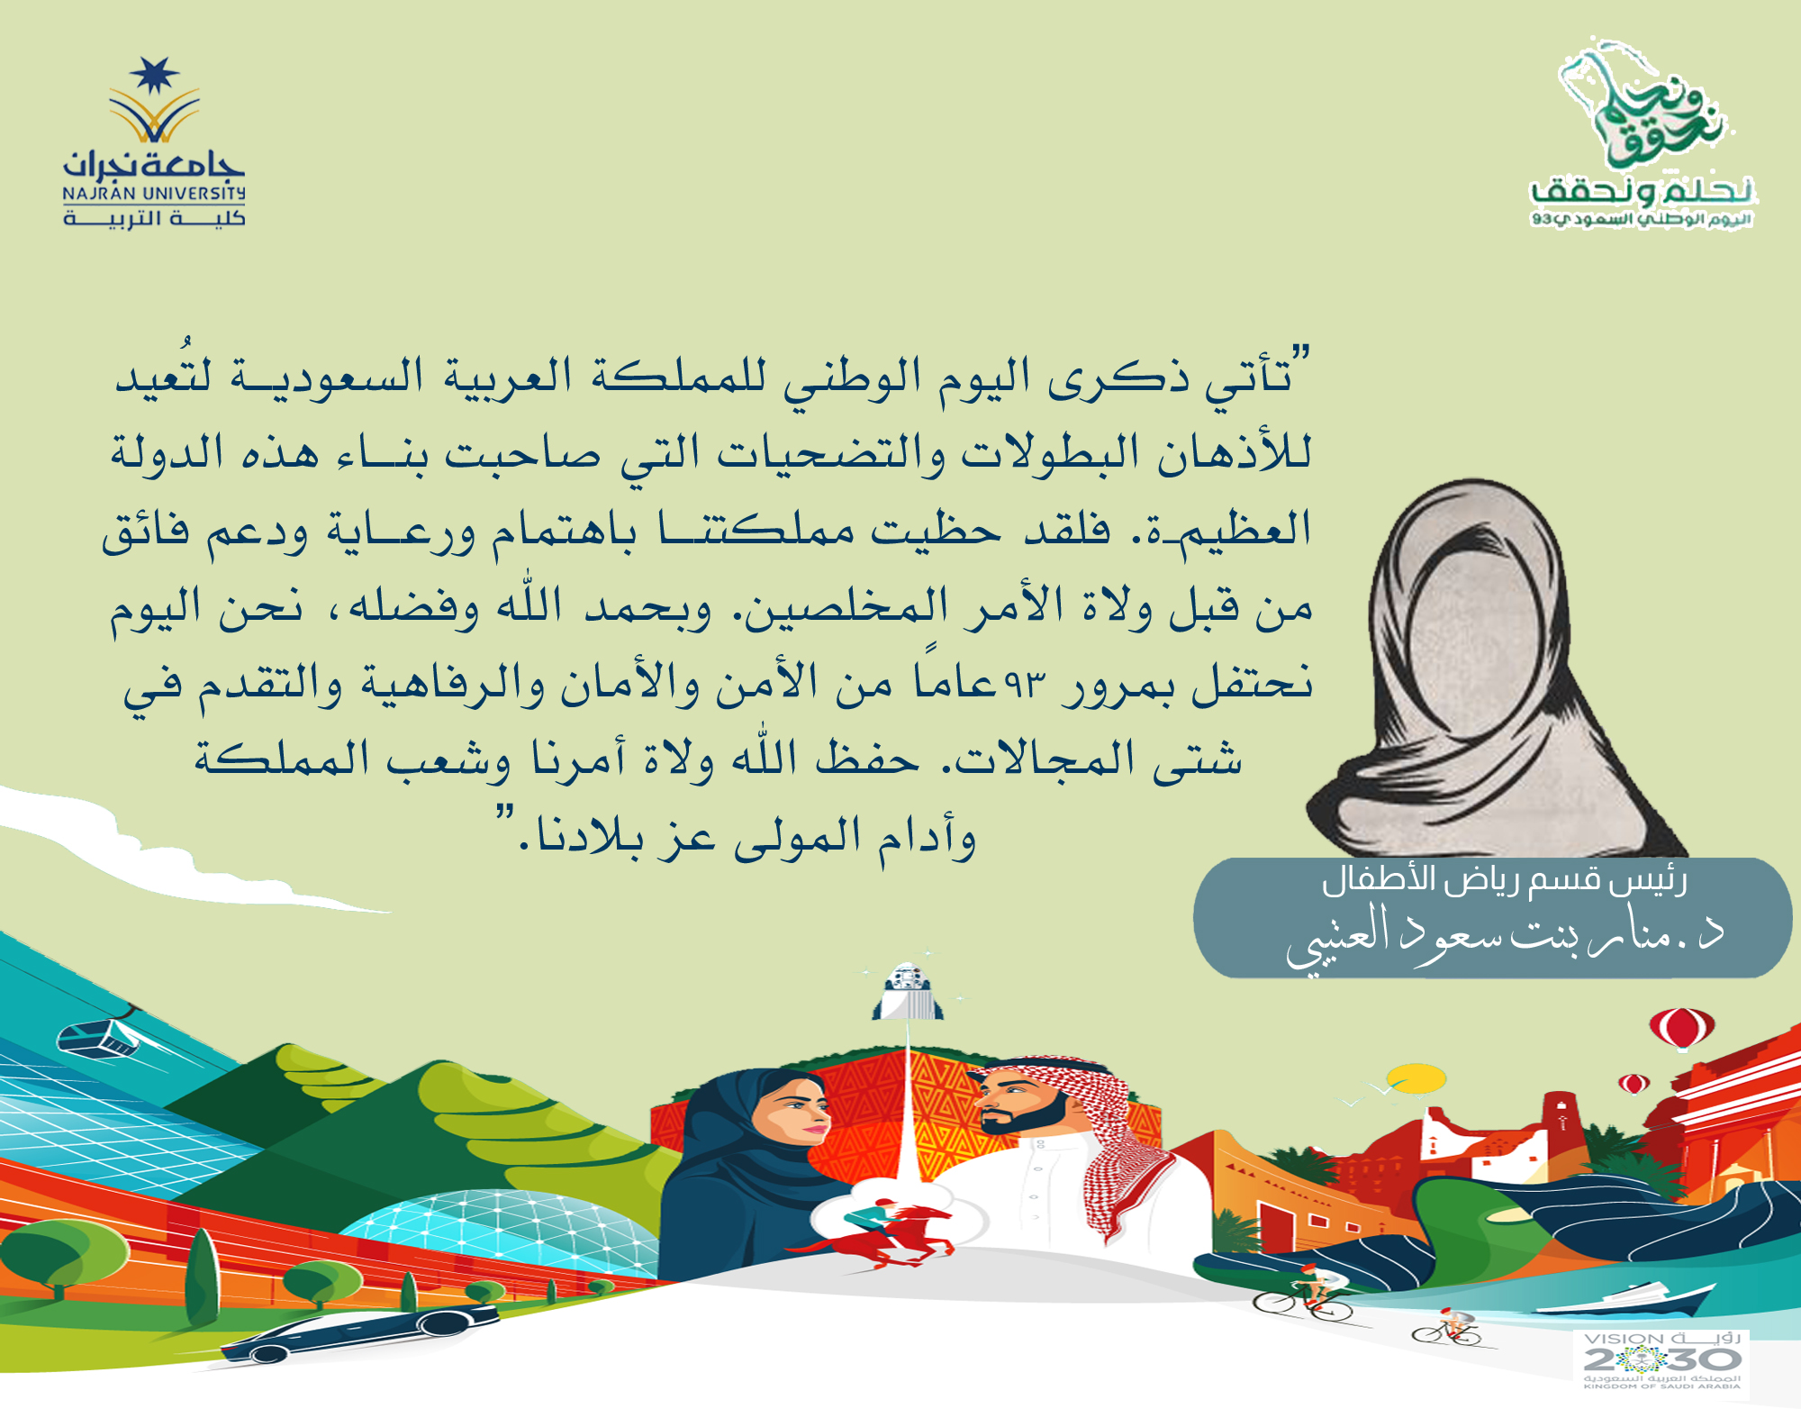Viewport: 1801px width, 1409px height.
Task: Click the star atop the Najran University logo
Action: point(154,76)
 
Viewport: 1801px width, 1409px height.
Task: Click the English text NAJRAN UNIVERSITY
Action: point(154,194)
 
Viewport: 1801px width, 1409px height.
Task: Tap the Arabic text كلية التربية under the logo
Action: point(154,218)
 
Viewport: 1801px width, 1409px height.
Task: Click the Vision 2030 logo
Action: point(1661,1359)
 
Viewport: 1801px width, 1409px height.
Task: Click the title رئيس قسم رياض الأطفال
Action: point(1504,880)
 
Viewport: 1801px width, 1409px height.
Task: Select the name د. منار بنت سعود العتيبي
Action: point(1504,937)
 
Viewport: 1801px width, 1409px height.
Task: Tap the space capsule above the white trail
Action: point(907,990)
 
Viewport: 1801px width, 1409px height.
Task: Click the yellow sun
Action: point(1416,1077)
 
